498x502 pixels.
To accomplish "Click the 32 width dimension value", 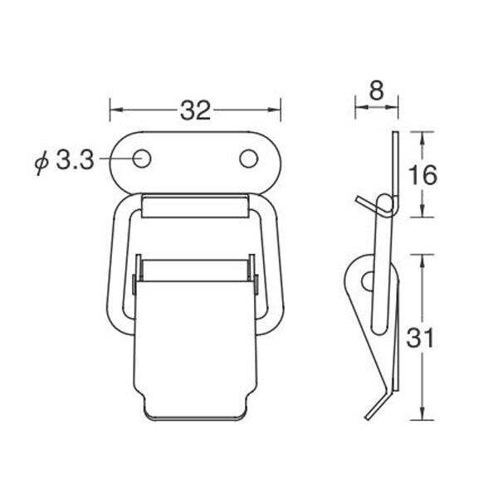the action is [195, 110].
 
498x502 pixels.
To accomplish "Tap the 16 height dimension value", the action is [422, 175].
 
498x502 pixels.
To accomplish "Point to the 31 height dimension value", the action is [420, 338].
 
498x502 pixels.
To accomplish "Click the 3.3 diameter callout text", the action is [75, 160].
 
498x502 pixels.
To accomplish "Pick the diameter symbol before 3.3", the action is [41, 163].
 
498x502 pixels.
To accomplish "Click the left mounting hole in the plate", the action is [142, 158].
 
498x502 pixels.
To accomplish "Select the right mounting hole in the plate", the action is [248, 158].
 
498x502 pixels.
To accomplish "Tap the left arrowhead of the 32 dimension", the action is [116, 110].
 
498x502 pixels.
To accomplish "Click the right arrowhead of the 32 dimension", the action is [274, 110].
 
